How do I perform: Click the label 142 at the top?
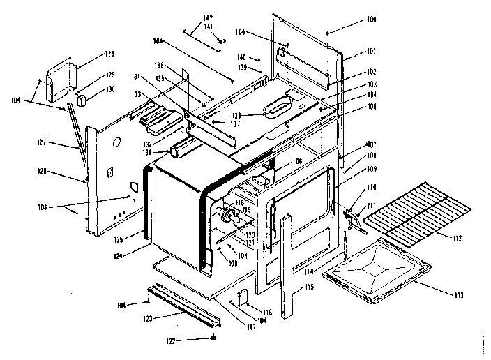[x=207, y=17]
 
